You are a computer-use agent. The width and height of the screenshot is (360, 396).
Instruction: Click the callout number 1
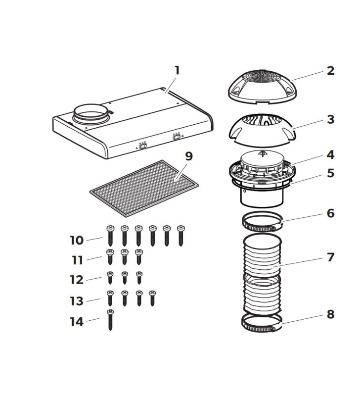(x=177, y=70)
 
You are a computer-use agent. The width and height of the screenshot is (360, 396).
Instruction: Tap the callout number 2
(x=330, y=70)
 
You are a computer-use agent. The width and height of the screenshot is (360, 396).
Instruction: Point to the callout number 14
(x=77, y=321)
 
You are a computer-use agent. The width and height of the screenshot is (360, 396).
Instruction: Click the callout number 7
(x=330, y=257)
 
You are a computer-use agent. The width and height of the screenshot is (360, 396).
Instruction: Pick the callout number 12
(x=77, y=280)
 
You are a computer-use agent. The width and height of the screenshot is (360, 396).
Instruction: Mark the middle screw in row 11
(x=124, y=258)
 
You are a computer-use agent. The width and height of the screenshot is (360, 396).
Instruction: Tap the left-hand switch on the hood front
(x=142, y=146)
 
